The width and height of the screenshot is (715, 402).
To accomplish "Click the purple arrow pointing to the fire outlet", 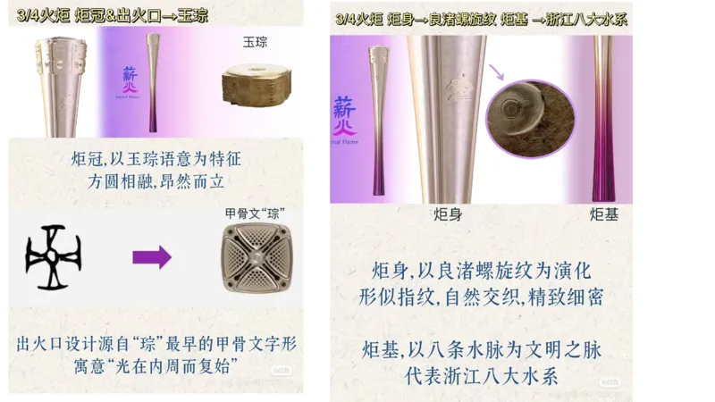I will coord(151,258).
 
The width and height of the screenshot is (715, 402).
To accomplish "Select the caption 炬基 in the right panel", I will coord(604,215).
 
